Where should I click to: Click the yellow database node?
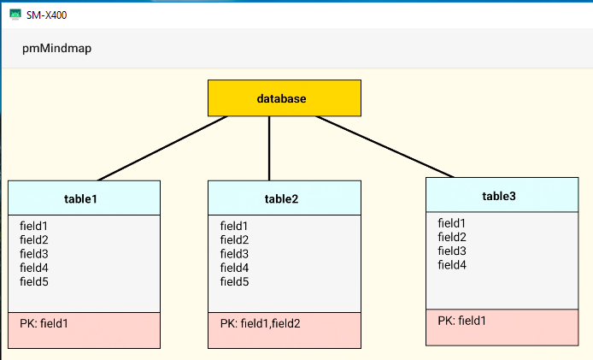pos(285,98)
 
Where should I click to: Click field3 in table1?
pos(34,254)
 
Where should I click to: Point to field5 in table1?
pos(34,281)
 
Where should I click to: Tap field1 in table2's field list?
pos(235,227)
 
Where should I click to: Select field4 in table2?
pos(235,268)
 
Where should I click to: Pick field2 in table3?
pos(452,237)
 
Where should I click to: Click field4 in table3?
pos(452,265)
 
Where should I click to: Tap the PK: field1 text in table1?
pos(44,323)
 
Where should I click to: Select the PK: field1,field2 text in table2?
pos(260,323)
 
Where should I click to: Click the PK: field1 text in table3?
pos(462,321)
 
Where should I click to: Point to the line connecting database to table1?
pos(162,148)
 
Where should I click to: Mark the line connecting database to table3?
pos(385,146)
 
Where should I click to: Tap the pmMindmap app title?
pos(56,49)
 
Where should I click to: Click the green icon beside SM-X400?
pos(15,14)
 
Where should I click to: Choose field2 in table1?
pos(34,240)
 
